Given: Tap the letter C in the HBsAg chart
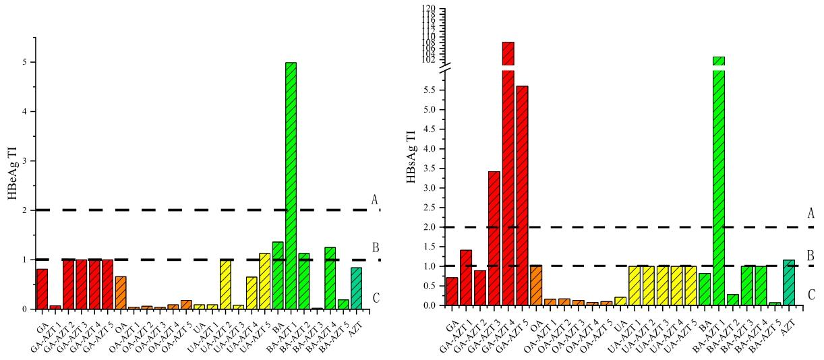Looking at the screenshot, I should point(811,295).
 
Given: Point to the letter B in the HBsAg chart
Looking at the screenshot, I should point(811,256).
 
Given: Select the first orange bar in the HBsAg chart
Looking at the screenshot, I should point(536,285).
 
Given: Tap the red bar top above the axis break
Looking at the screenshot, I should point(508,53).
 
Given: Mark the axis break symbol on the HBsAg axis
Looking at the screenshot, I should point(440,68).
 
